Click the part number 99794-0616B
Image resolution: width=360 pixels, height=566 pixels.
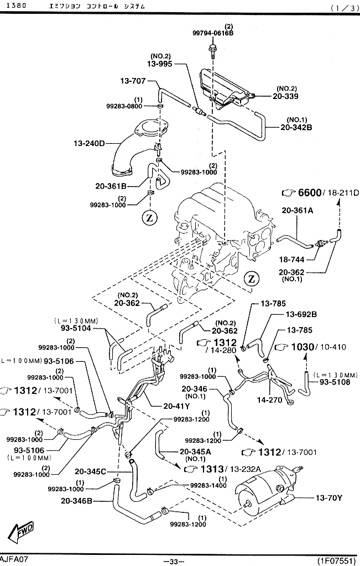213,33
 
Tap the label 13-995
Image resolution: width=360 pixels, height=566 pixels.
160,64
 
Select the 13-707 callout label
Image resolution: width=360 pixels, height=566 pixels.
133,81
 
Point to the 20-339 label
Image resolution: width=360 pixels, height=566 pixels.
286,96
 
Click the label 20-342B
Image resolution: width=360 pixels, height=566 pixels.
296,127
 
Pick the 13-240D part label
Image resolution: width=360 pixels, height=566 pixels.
89,143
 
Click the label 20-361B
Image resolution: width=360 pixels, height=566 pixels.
111,186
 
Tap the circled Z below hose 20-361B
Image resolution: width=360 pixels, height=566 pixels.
150,217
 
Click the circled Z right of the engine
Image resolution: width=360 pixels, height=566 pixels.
252,278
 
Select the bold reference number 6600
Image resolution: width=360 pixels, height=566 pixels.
310,193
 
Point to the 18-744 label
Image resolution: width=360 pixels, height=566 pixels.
291,259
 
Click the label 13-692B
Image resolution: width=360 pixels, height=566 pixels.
301,314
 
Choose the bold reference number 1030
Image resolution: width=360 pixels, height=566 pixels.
302,347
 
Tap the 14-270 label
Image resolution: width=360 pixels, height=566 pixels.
269,399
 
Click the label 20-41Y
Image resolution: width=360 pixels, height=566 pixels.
176,406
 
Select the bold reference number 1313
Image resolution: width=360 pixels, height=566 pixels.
212,469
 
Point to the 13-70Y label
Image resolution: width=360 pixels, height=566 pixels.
328,498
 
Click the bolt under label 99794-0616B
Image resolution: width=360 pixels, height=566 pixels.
212,50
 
